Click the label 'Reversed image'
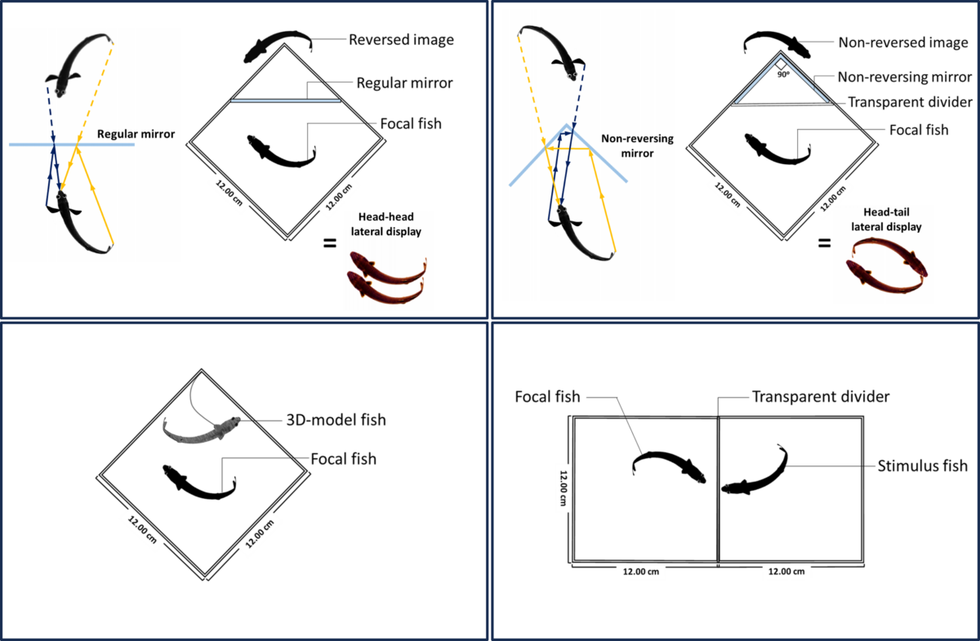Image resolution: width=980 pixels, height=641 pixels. coord(400,40)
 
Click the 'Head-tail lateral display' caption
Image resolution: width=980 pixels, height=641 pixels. coord(885,220)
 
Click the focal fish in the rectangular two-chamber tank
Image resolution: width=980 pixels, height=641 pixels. coord(670,468)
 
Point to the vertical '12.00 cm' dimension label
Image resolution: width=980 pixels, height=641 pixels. coord(563,487)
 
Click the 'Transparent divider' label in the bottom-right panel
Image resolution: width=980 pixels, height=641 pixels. coord(820,397)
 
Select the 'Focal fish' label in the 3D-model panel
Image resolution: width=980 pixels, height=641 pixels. coord(344,459)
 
